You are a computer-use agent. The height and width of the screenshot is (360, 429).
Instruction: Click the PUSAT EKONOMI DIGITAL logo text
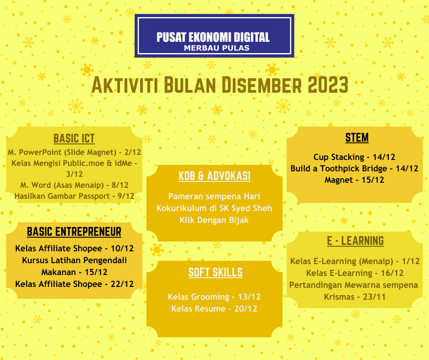coord(213,37)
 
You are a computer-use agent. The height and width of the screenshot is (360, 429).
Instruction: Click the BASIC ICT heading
coord(74,138)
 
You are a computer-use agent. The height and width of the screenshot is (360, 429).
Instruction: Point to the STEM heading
coord(357,138)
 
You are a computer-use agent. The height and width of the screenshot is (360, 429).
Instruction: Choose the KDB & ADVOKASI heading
coord(214,176)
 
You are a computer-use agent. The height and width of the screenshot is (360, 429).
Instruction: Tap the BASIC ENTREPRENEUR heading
coord(74,232)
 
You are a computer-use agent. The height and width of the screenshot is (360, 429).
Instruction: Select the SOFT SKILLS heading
coord(215,273)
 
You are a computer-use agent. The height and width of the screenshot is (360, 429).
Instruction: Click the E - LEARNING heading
coord(355,241)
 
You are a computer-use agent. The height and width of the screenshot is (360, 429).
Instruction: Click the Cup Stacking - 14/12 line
coord(354,157)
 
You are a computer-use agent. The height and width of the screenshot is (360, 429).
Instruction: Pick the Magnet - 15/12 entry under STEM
coord(354,180)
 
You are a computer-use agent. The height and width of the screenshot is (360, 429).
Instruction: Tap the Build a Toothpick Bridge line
coord(354,169)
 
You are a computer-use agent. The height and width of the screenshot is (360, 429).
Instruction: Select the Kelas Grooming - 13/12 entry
coord(214,297)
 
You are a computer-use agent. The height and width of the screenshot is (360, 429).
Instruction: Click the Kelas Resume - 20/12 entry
coord(214,309)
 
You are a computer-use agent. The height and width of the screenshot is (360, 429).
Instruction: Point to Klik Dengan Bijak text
coord(214,220)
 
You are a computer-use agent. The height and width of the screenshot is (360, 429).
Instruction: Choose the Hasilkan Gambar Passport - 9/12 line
coord(74,196)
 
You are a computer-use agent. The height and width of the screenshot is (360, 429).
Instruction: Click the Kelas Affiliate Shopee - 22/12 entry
coord(74,284)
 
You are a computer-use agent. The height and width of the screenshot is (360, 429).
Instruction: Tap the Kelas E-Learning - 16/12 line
coord(355,273)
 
